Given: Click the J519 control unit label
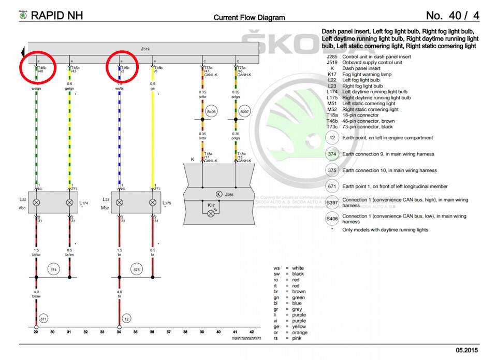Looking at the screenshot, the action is tap(145, 49).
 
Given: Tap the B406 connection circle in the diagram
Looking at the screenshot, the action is tap(212, 111).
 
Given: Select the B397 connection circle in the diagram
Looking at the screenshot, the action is tap(245, 111).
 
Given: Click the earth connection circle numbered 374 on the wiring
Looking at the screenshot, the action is tap(53, 269).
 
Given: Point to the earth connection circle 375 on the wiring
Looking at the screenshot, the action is tap(137, 269).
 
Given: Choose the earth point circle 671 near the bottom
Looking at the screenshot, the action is tap(43, 319).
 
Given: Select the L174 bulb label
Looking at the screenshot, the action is tap(85, 203).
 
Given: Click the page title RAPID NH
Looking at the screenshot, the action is tap(56, 16).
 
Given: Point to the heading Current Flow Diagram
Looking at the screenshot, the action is tap(249, 18).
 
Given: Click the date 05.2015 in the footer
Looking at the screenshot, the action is tap(467, 351).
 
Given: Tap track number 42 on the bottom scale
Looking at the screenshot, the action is tap(252, 332).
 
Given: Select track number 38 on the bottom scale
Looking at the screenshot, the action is tap(185, 332).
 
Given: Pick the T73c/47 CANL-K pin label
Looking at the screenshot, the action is tap(210, 71).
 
